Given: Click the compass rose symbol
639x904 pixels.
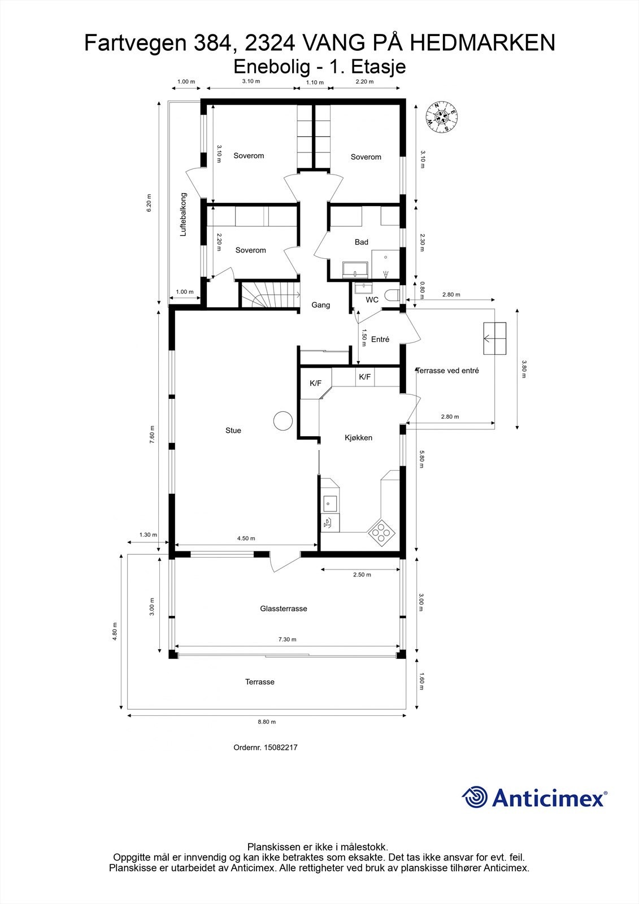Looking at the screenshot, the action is pos(442,117).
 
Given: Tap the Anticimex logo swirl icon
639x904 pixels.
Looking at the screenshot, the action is pos(475,797).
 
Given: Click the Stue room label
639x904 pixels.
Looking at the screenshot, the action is pos(233,431).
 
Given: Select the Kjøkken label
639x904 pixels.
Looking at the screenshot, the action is pos(358,438).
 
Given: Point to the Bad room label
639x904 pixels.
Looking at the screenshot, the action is pos(361,242).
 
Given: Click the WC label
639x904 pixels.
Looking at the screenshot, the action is pos(372,300).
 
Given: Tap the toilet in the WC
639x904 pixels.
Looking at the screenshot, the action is pos(392,295).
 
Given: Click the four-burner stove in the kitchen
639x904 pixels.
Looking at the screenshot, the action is pos(381,533).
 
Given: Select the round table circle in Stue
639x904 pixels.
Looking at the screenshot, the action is pos(283,420).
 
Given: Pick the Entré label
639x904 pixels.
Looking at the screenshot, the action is pos(380,340).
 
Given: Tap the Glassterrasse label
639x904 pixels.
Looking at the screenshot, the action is pos(284,609).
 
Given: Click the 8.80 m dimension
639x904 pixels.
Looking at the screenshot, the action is pos(267,722).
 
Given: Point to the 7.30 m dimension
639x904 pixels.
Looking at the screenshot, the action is pos(288,639).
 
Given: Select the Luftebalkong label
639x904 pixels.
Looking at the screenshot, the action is pos(183,214).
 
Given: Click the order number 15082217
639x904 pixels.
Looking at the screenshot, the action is pos(281,747).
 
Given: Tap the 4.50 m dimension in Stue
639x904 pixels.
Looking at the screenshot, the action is pos(246,538).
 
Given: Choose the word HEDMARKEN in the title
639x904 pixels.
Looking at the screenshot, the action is pos(483,43).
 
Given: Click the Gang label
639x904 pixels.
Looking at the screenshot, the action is pos(320,305).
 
